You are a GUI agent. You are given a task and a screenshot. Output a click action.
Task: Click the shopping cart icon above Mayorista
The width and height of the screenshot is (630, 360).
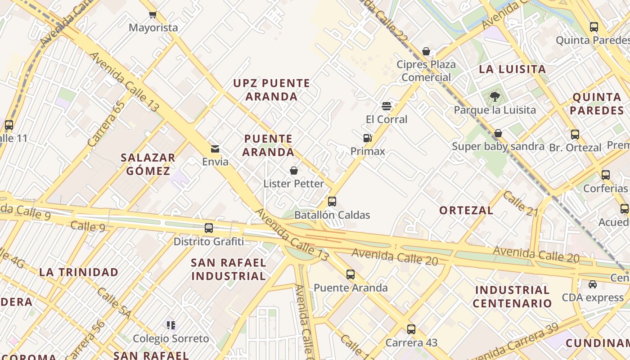(153, 14)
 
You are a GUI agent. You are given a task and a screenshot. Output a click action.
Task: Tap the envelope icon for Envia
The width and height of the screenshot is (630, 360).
(215, 149)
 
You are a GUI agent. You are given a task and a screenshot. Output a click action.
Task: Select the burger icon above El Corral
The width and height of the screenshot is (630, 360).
(386, 106)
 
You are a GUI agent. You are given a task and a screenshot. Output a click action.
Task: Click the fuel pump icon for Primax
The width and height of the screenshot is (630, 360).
(368, 138)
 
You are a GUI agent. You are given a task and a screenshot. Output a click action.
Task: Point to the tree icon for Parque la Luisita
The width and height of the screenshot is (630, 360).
(495, 96)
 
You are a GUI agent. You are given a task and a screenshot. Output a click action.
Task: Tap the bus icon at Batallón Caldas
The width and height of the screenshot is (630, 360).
(332, 202)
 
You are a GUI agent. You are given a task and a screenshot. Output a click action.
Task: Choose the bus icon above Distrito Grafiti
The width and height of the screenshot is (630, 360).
(209, 228)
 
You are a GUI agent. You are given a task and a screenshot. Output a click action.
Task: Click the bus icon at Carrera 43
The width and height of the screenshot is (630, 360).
(411, 329)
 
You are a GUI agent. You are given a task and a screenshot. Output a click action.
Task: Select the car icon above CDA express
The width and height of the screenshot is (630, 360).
(593, 284)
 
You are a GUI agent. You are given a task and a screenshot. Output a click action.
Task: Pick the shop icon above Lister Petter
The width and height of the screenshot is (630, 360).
(294, 171)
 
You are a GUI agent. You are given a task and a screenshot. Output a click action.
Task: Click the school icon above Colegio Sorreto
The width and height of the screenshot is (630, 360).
(171, 325)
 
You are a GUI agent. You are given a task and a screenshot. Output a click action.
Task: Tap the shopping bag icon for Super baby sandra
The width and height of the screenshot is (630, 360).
(498, 133)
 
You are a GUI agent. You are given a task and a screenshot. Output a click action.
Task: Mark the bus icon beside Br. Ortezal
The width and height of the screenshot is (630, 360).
(575, 134)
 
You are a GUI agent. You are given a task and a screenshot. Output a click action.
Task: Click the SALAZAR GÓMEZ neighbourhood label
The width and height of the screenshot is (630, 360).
(148, 164)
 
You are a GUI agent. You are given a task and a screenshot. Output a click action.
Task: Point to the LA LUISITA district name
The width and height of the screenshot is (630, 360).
(513, 69)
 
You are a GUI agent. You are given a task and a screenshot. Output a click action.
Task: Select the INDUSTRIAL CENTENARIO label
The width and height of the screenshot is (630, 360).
(512, 297)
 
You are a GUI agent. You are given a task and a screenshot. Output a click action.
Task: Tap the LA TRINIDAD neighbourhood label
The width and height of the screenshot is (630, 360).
(79, 272)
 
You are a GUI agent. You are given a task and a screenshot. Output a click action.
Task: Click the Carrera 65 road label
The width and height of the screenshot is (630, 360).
(106, 124)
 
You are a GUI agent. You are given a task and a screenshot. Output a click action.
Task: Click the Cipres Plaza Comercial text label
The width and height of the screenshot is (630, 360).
(426, 71)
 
